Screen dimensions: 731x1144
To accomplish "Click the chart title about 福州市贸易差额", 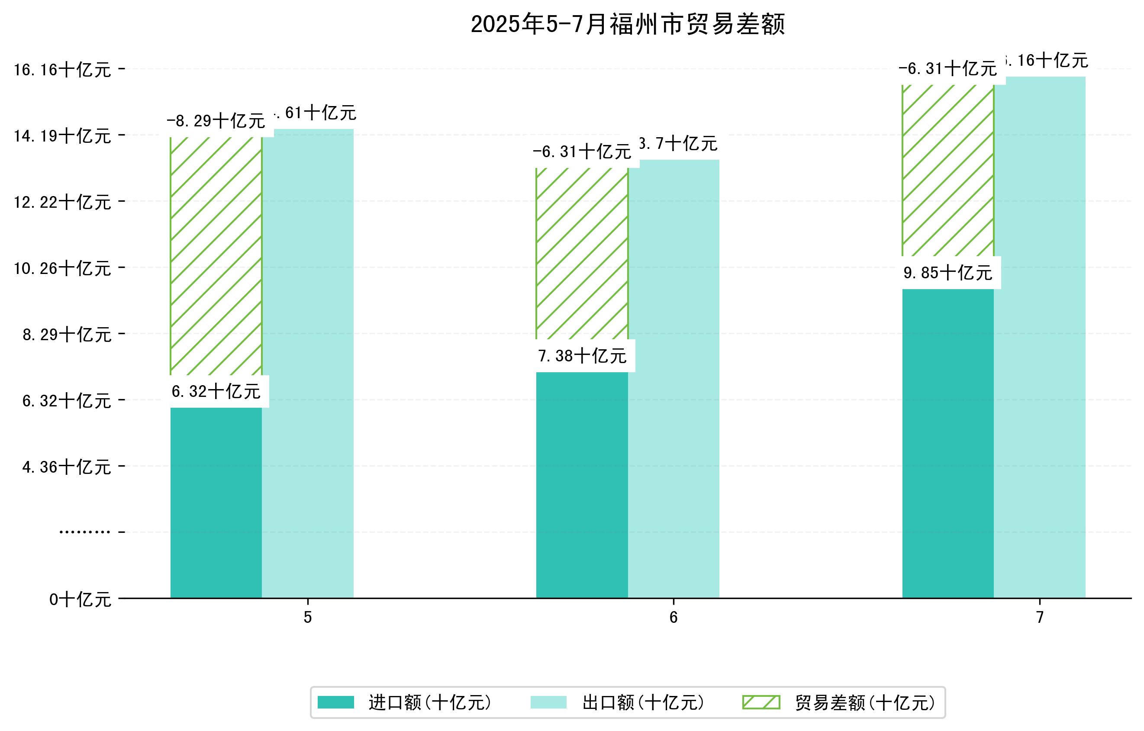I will coord(627,25).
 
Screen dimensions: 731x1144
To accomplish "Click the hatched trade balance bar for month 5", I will coord(216,256).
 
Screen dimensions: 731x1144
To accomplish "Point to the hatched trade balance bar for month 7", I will coord(948,171).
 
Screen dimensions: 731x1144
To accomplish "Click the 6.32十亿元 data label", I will coord(216,392).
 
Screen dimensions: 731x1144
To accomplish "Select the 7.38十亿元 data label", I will coord(582,356).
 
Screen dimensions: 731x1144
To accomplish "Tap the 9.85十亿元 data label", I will coord(948,273).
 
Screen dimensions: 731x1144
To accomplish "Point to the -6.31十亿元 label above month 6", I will coord(582,152).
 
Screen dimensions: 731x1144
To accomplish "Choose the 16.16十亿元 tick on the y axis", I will coord(62,70).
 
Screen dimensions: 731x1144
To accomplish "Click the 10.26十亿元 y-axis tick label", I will coord(62,269).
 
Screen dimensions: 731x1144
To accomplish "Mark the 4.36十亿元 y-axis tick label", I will coord(67,467).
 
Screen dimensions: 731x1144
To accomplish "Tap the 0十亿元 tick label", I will coord(80,600).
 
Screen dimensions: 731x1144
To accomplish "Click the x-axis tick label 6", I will coord(673,618).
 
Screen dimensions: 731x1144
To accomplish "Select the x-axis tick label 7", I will coord(1040,618).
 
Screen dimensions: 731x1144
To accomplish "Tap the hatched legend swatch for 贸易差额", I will coord(761,702).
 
